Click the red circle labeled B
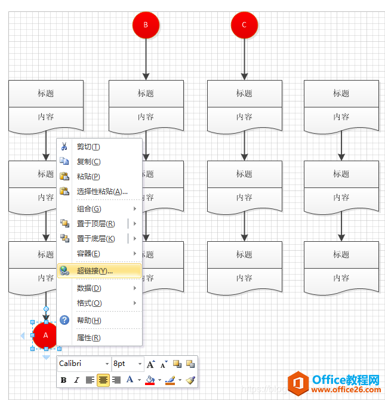coord(146,25)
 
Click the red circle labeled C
coord(244,25)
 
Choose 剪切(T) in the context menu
coord(88,147)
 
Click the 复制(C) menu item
coord(88,162)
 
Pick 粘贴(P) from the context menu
coord(88,176)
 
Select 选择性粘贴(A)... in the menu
coord(102,191)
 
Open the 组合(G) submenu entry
coord(89,209)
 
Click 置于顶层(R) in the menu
coord(96,223)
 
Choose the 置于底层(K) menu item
coord(96,238)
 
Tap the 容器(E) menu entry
coord(88,254)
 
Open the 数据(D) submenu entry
coord(89,288)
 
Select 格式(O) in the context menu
coord(89,303)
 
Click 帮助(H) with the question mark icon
coord(89,321)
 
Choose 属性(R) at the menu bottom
coord(88,338)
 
